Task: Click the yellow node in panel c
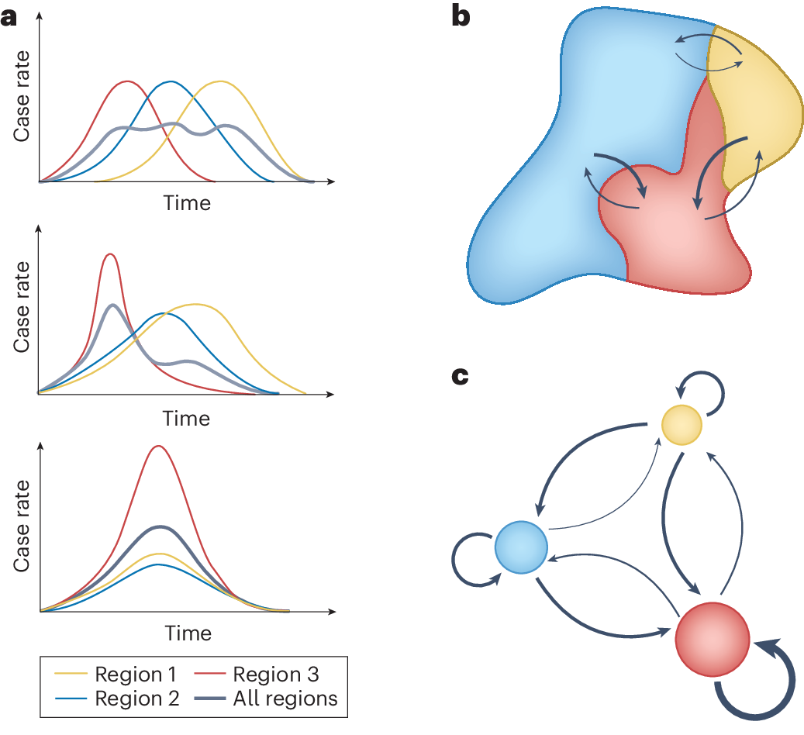pyautogui.click(x=682, y=425)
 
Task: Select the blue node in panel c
pyautogui.click(x=521, y=547)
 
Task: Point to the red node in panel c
pyautogui.click(x=712, y=637)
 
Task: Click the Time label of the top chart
pyautogui.click(x=187, y=203)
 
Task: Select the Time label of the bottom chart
pyautogui.click(x=188, y=633)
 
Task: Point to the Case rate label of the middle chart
pyautogui.click(x=22, y=307)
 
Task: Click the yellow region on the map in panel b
pyautogui.click(x=756, y=109)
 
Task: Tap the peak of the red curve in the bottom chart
pyautogui.click(x=158, y=447)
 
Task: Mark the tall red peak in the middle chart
pyautogui.click(x=111, y=254)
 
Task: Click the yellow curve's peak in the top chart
pyautogui.click(x=222, y=81)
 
